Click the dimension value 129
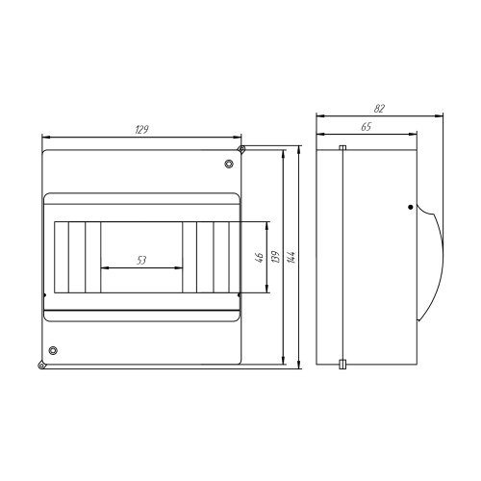tap(141, 130)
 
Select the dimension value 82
tap(379, 109)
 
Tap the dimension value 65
tap(367, 127)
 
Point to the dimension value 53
tap(141, 260)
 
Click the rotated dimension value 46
tap(260, 257)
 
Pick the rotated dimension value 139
tap(275, 257)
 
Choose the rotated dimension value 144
tap(291, 257)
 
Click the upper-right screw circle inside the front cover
tap(229, 164)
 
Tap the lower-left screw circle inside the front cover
tap(53, 350)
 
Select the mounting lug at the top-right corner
tap(241, 149)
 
